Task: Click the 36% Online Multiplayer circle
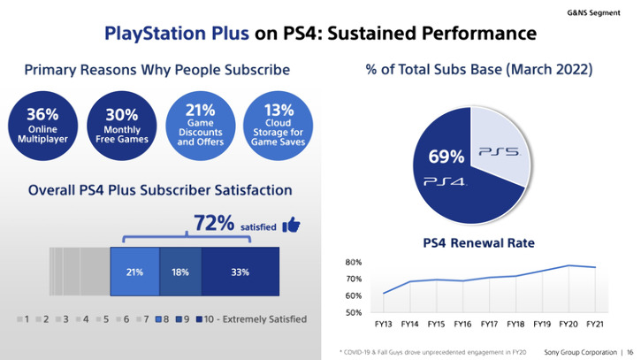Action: point(42,126)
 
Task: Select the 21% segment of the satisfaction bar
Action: point(134,272)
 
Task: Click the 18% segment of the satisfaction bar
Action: point(180,272)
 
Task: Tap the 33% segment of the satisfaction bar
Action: point(241,272)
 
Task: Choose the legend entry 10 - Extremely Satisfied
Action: point(252,318)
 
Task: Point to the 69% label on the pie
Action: point(446,157)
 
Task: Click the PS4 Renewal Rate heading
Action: point(478,243)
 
